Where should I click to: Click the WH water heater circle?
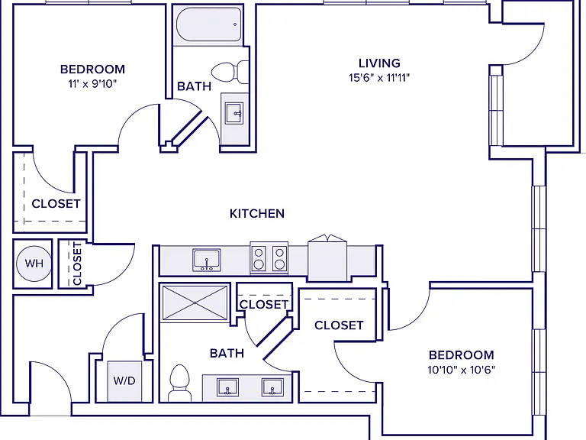click(x=34, y=264)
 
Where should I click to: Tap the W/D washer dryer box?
click(x=124, y=381)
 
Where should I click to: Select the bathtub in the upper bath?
click(x=208, y=24)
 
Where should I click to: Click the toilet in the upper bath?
click(x=230, y=73)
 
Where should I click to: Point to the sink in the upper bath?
click(x=234, y=113)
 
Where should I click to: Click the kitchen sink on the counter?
click(x=207, y=260)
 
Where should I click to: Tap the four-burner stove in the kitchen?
click(x=269, y=258)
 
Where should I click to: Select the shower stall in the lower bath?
click(x=195, y=302)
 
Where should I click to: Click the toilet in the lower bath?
click(x=179, y=383)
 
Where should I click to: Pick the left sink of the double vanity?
click(x=227, y=387)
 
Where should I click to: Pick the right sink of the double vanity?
click(x=272, y=387)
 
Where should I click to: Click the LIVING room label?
click(x=379, y=63)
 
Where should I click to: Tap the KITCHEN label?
click(x=257, y=214)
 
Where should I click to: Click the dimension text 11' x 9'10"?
click(x=92, y=84)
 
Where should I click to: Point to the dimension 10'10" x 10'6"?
click(x=461, y=370)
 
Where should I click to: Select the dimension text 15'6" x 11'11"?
click(x=379, y=78)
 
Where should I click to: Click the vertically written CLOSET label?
click(x=77, y=264)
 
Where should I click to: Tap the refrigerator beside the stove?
click(x=327, y=258)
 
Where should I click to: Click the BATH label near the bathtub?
click(x=195, y=86)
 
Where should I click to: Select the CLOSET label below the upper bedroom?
click(x=56, y=204)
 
